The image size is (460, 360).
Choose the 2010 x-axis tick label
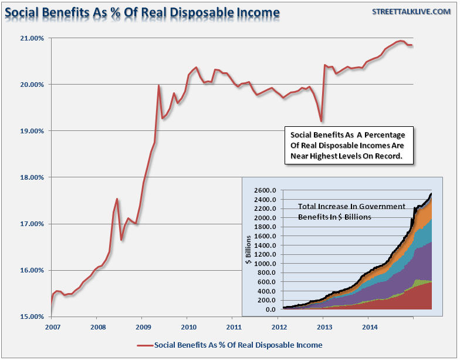(x=187, y=326)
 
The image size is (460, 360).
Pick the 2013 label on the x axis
(x=323, y=326)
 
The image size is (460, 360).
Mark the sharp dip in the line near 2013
(x=321, y=121)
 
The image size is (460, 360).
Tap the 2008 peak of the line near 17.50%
(x=117, y=199)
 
